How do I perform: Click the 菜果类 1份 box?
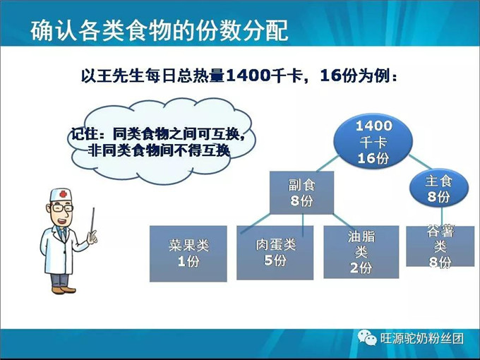(188, 253)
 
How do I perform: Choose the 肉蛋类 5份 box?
(275, 252)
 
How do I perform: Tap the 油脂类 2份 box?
(361, 252)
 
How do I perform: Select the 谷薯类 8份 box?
(440, 246)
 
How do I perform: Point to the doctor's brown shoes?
(62, 287)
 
